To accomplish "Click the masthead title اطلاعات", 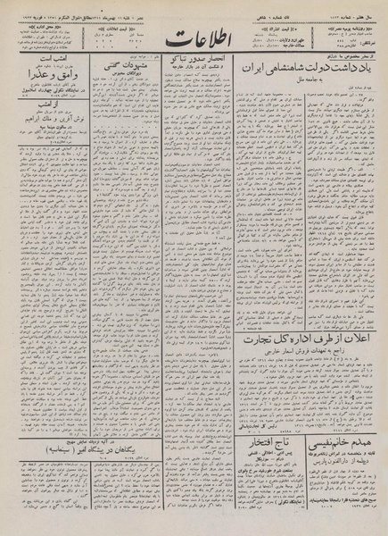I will (190, 41).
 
